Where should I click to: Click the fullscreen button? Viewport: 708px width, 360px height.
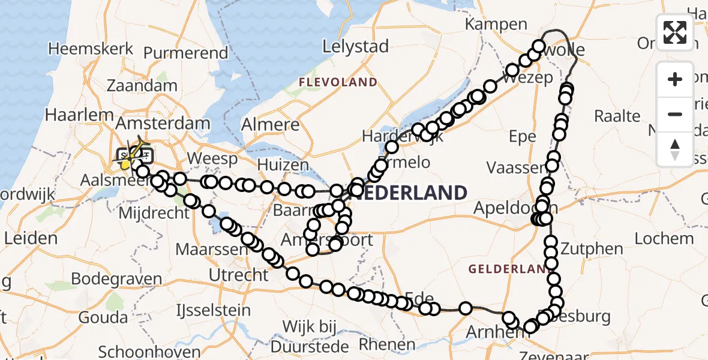point(675,32)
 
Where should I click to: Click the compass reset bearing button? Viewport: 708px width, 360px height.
point(675,149)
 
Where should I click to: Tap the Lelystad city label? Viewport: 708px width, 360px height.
point(355,46)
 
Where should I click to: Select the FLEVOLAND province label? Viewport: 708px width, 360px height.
point(338,82)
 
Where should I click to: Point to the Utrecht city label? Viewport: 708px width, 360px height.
point(238,275)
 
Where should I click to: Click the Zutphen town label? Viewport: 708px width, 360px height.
point(586,248)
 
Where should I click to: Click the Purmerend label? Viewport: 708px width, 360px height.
point(186,53)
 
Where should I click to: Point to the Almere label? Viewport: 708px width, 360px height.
point(270,125)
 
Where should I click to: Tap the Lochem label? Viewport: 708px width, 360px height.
point(664,239)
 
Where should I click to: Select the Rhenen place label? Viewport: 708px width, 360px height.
point(387,344)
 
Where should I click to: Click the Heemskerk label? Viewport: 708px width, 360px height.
point(83,49)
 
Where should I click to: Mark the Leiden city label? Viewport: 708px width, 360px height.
point(31,238)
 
